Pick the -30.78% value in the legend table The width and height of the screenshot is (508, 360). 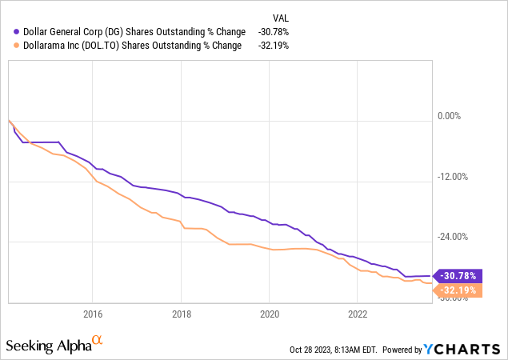(274, 31)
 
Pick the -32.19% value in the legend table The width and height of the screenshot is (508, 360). (274, 45)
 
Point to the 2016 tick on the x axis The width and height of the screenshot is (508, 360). (93, 314)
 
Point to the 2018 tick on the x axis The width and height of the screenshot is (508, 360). (182, 314)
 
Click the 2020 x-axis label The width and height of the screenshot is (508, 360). (270, 314)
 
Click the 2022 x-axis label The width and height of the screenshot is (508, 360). (358, 314)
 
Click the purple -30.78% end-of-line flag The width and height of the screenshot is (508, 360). (457, 276)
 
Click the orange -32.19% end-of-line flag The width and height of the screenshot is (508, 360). (457, 290)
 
